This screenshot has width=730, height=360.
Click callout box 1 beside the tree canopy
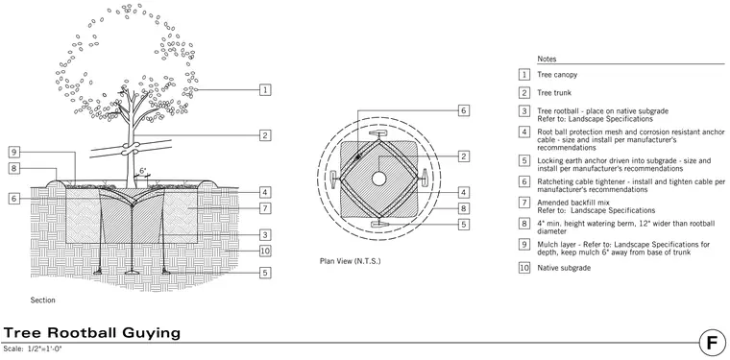tap(265, 90)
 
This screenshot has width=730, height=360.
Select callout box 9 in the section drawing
tap(14, 152)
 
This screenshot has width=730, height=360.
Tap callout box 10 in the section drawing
tap(265, 252)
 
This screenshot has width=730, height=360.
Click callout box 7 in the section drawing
tap(265, 208)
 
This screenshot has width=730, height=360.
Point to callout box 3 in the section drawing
tap(265, 235)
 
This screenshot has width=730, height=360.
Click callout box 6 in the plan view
tap(463, 110)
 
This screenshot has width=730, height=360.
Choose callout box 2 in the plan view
tap(463, 156)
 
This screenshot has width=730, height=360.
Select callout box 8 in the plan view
tap(463, 208)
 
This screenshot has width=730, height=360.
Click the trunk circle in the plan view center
tap(378, 179)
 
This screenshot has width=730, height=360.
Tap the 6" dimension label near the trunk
tap(143, 171)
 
